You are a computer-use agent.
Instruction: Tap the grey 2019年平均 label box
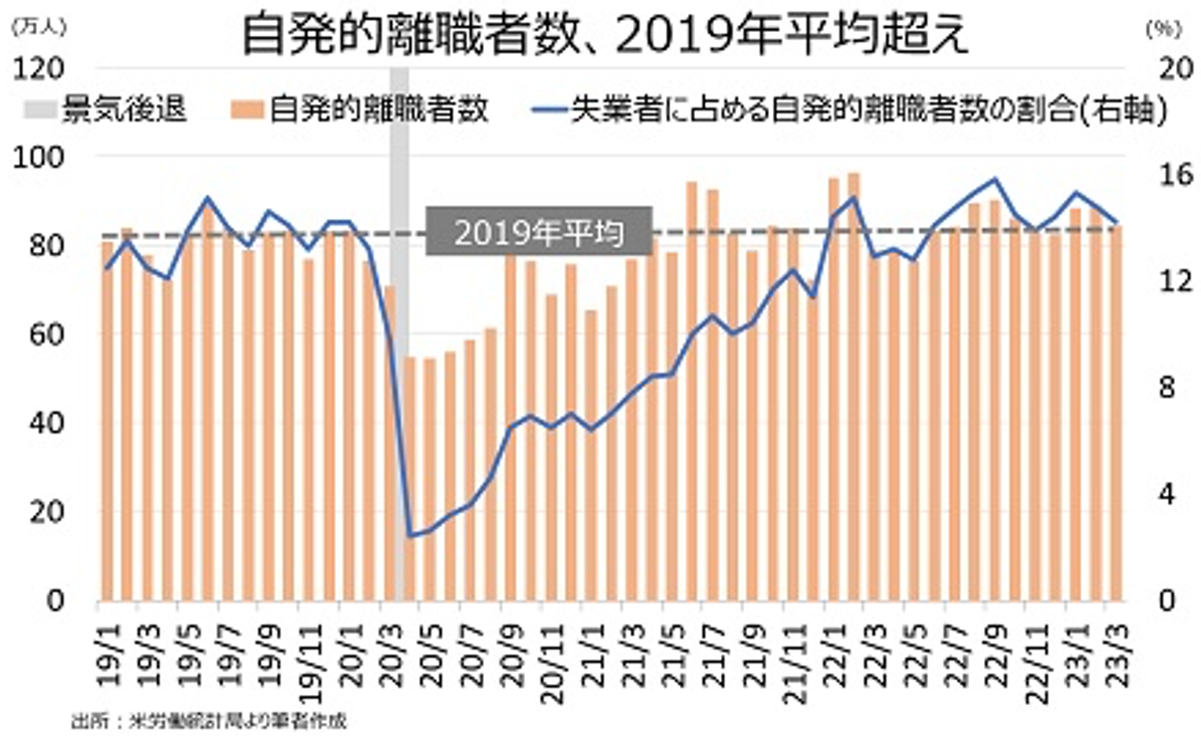(x=539, y=233)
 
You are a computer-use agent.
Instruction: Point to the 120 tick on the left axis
(x=40, y=68)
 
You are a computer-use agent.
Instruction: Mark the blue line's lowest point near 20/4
(x=410, y=536)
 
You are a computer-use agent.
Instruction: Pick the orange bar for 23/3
(x=1116, y=413)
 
